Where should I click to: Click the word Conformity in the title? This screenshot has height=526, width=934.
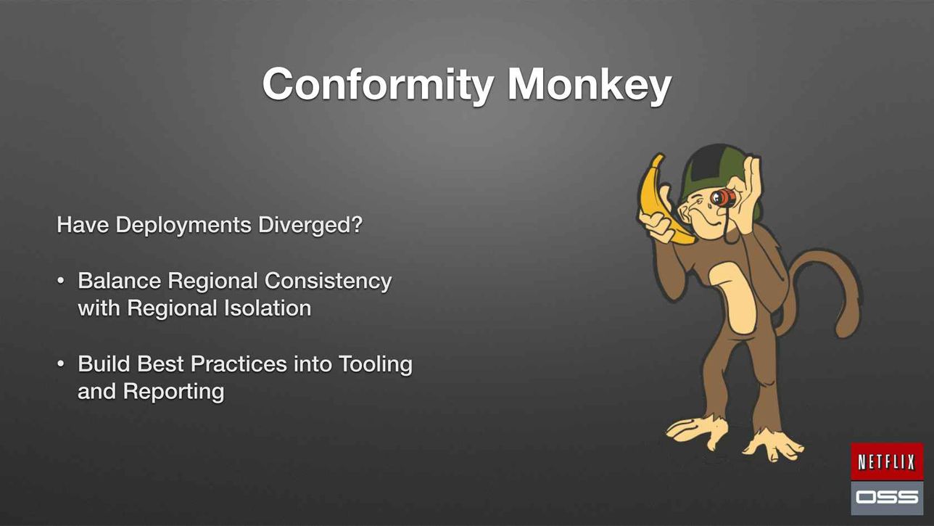click(379, 85)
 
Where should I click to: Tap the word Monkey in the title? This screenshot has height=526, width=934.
click(590, 85)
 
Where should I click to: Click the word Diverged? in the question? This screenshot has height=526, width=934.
click(310, 226)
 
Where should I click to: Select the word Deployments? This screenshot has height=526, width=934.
click(183, 226)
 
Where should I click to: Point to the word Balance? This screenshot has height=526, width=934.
click(119, 280)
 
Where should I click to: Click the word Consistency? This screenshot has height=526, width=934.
click(328, 282)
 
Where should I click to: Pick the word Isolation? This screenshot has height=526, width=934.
click(268, 308)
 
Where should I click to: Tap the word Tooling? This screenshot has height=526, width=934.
click(376, 365)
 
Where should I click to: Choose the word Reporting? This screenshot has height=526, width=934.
click(173, 393)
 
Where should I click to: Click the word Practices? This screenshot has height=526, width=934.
click(239, 363)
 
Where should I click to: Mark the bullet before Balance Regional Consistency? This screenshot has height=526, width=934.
click(61, 281)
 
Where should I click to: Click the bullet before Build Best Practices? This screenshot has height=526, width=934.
click(61, 364)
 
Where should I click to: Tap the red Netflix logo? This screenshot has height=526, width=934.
click(887, 461)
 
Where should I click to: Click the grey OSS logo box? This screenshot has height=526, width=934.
click(887, 498)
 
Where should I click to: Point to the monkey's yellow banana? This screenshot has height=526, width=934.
click(658, 200)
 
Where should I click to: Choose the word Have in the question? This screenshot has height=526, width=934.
click(83, 225)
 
